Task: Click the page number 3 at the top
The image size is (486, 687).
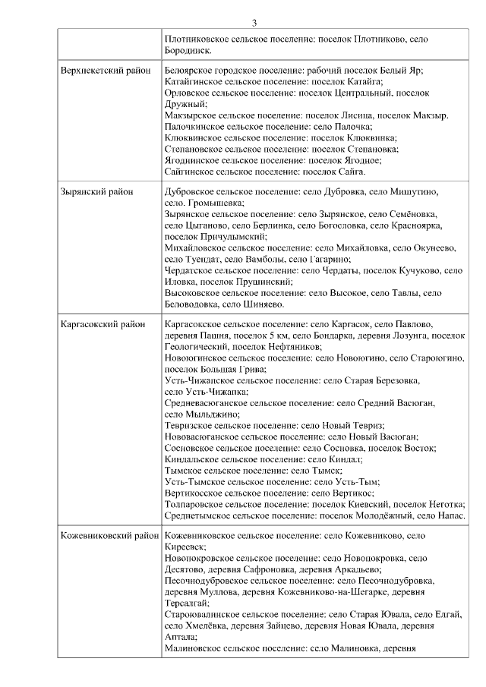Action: click(x=254, y=23)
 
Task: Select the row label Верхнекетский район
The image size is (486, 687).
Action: click(x=105, y=71)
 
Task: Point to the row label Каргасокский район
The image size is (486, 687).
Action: click(x=103, y=324)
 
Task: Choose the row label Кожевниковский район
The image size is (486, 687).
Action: click(x=109, y=536)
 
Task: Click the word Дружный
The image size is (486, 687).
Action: click(x=183, y=104)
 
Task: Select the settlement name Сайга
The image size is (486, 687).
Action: click(x=349, y=172)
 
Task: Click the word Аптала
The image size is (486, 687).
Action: click(x=179, y=637)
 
